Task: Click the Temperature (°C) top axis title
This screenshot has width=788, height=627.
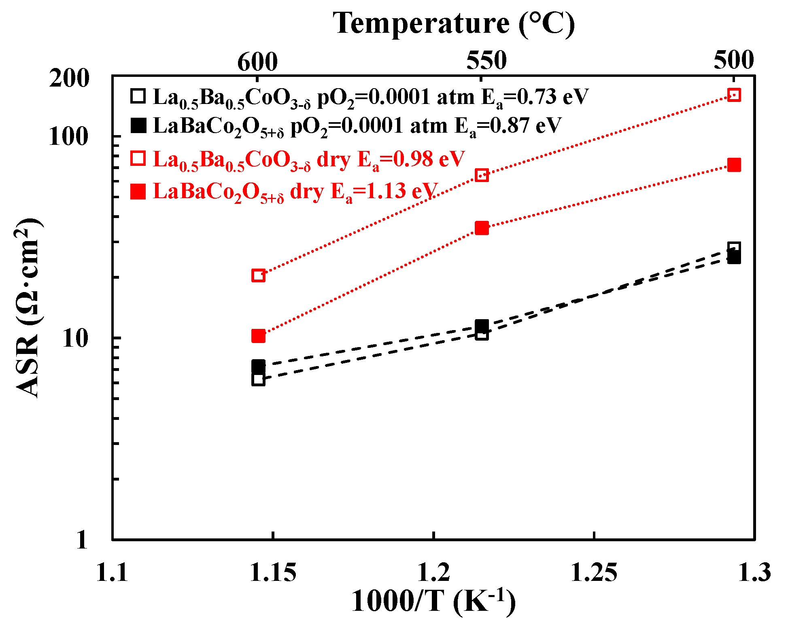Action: (x=453, y=23)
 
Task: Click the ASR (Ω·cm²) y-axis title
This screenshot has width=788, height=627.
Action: (x=28, y=307)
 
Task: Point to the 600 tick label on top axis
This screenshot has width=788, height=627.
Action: (x=257, y=61)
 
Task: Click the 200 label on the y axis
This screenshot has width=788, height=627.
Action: (x=69, y=78)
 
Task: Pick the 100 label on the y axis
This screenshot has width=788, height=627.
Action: (x=69, y=137)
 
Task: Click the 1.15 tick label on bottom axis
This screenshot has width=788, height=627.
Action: (x=273, y=573)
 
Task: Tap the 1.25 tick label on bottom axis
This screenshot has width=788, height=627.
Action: (x=594, y=573)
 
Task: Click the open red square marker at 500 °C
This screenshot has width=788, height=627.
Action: (x=734, y=95)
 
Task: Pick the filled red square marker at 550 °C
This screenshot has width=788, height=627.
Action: (x=482, y=228)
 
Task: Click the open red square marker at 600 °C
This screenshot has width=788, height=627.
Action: (x=258, y=275)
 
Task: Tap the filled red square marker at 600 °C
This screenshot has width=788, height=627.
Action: (x=258, y=336)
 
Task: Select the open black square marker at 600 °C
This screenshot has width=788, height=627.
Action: (x=258, y=379)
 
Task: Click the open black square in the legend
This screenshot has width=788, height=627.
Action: (x=138, y=96)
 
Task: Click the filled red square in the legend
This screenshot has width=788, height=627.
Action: (x=138, y=191)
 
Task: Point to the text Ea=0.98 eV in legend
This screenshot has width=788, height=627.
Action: (x=411, y=160)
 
